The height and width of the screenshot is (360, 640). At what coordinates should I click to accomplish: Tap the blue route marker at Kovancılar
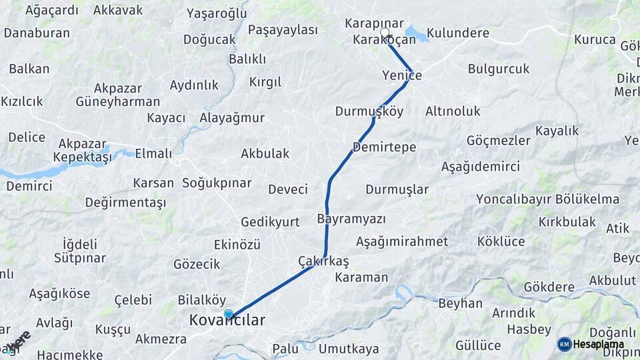(x=229, y=314)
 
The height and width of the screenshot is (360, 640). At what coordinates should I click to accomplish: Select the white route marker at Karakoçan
(x=384, y=33)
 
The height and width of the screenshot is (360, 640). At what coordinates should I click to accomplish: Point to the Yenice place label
(x=402, y=75)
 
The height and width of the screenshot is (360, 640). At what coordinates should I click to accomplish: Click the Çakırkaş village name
(x=323, y=260)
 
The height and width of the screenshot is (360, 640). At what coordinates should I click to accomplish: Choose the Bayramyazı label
(x=351, y=219)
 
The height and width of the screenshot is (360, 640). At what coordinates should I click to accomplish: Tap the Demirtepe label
(x=385, y=147)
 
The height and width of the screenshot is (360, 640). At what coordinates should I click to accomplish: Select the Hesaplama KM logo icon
(x=564, y=344)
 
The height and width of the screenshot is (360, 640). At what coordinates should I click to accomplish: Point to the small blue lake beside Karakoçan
(x=415, y=33)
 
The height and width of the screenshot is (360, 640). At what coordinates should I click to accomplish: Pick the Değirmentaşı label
(x=125, y=203)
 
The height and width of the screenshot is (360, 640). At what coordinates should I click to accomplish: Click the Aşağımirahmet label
(x=394, y=241)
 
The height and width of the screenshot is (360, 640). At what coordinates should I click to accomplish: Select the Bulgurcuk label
(x=498, y=69)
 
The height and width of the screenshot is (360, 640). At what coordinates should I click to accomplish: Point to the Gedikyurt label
(x=270, y=223)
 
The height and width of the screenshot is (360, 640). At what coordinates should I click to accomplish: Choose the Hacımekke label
(x=69, y=355)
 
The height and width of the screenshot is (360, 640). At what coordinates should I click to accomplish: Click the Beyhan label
(x=460, y=304)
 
